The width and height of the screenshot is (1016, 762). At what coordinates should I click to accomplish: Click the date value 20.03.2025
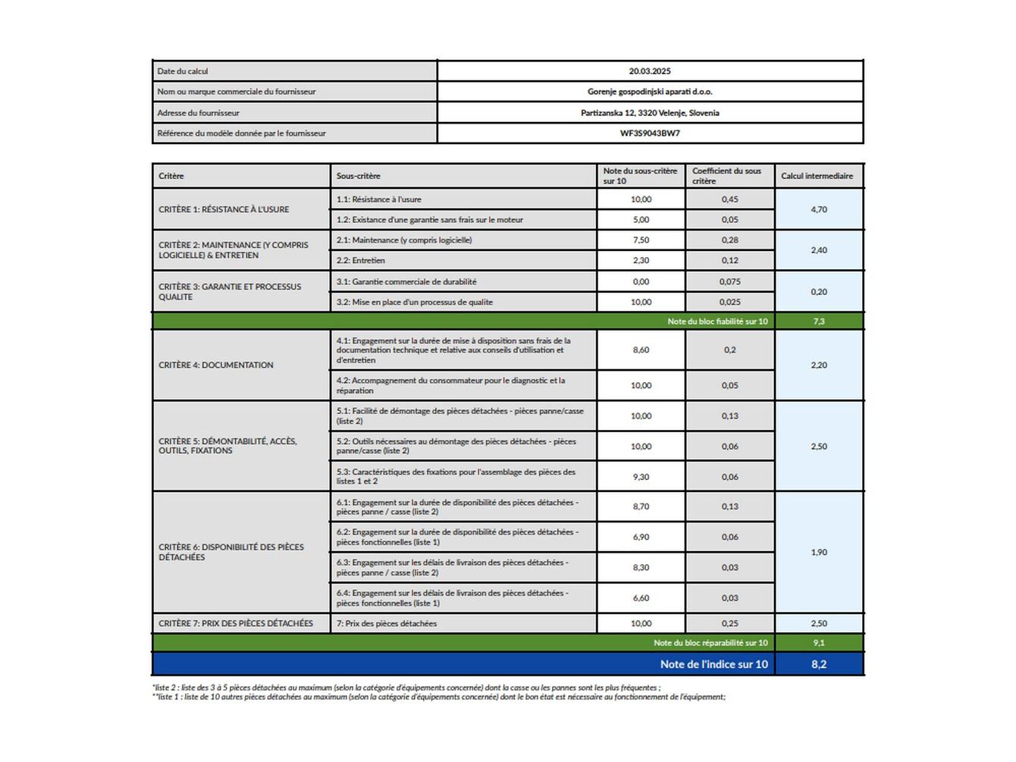click(650, 71)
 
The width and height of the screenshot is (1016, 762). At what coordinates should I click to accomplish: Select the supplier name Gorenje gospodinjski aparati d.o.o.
click(650, 92)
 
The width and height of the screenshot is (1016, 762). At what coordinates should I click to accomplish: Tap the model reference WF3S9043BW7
click(650, 133)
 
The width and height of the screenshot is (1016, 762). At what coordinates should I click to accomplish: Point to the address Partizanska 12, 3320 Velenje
click(650, 113)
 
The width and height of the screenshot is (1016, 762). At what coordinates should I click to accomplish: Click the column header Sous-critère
click(359, 176)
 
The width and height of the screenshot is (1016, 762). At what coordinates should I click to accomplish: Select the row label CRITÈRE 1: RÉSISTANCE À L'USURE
click(224, 209)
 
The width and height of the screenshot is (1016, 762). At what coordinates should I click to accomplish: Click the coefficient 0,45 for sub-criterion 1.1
click(729, 199)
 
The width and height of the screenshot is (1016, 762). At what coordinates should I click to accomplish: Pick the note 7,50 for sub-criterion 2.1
click(641, 240)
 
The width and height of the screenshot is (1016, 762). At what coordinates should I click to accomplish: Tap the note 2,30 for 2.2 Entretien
click(641, 261)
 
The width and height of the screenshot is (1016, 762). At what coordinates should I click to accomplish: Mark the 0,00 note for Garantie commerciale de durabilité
click(641, 282)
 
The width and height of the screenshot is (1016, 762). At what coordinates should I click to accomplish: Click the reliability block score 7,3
click(819, 321)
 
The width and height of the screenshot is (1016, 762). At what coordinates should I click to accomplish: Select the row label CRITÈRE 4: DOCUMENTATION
click(216, 365)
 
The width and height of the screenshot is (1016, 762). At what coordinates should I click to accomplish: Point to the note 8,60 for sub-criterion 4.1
click(641, 350)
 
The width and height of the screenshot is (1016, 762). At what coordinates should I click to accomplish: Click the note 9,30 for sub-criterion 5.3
click(641, 477)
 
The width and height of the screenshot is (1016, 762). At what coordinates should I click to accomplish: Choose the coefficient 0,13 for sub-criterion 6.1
click(729, 506)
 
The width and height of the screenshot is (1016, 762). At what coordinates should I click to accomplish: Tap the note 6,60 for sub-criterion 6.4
click(641, 598)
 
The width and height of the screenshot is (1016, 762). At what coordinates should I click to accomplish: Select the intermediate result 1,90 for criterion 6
click(819, 552)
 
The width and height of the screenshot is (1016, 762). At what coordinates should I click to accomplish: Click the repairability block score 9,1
click(819, 643)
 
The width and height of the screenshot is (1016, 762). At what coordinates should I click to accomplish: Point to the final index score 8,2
click(819, 664)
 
